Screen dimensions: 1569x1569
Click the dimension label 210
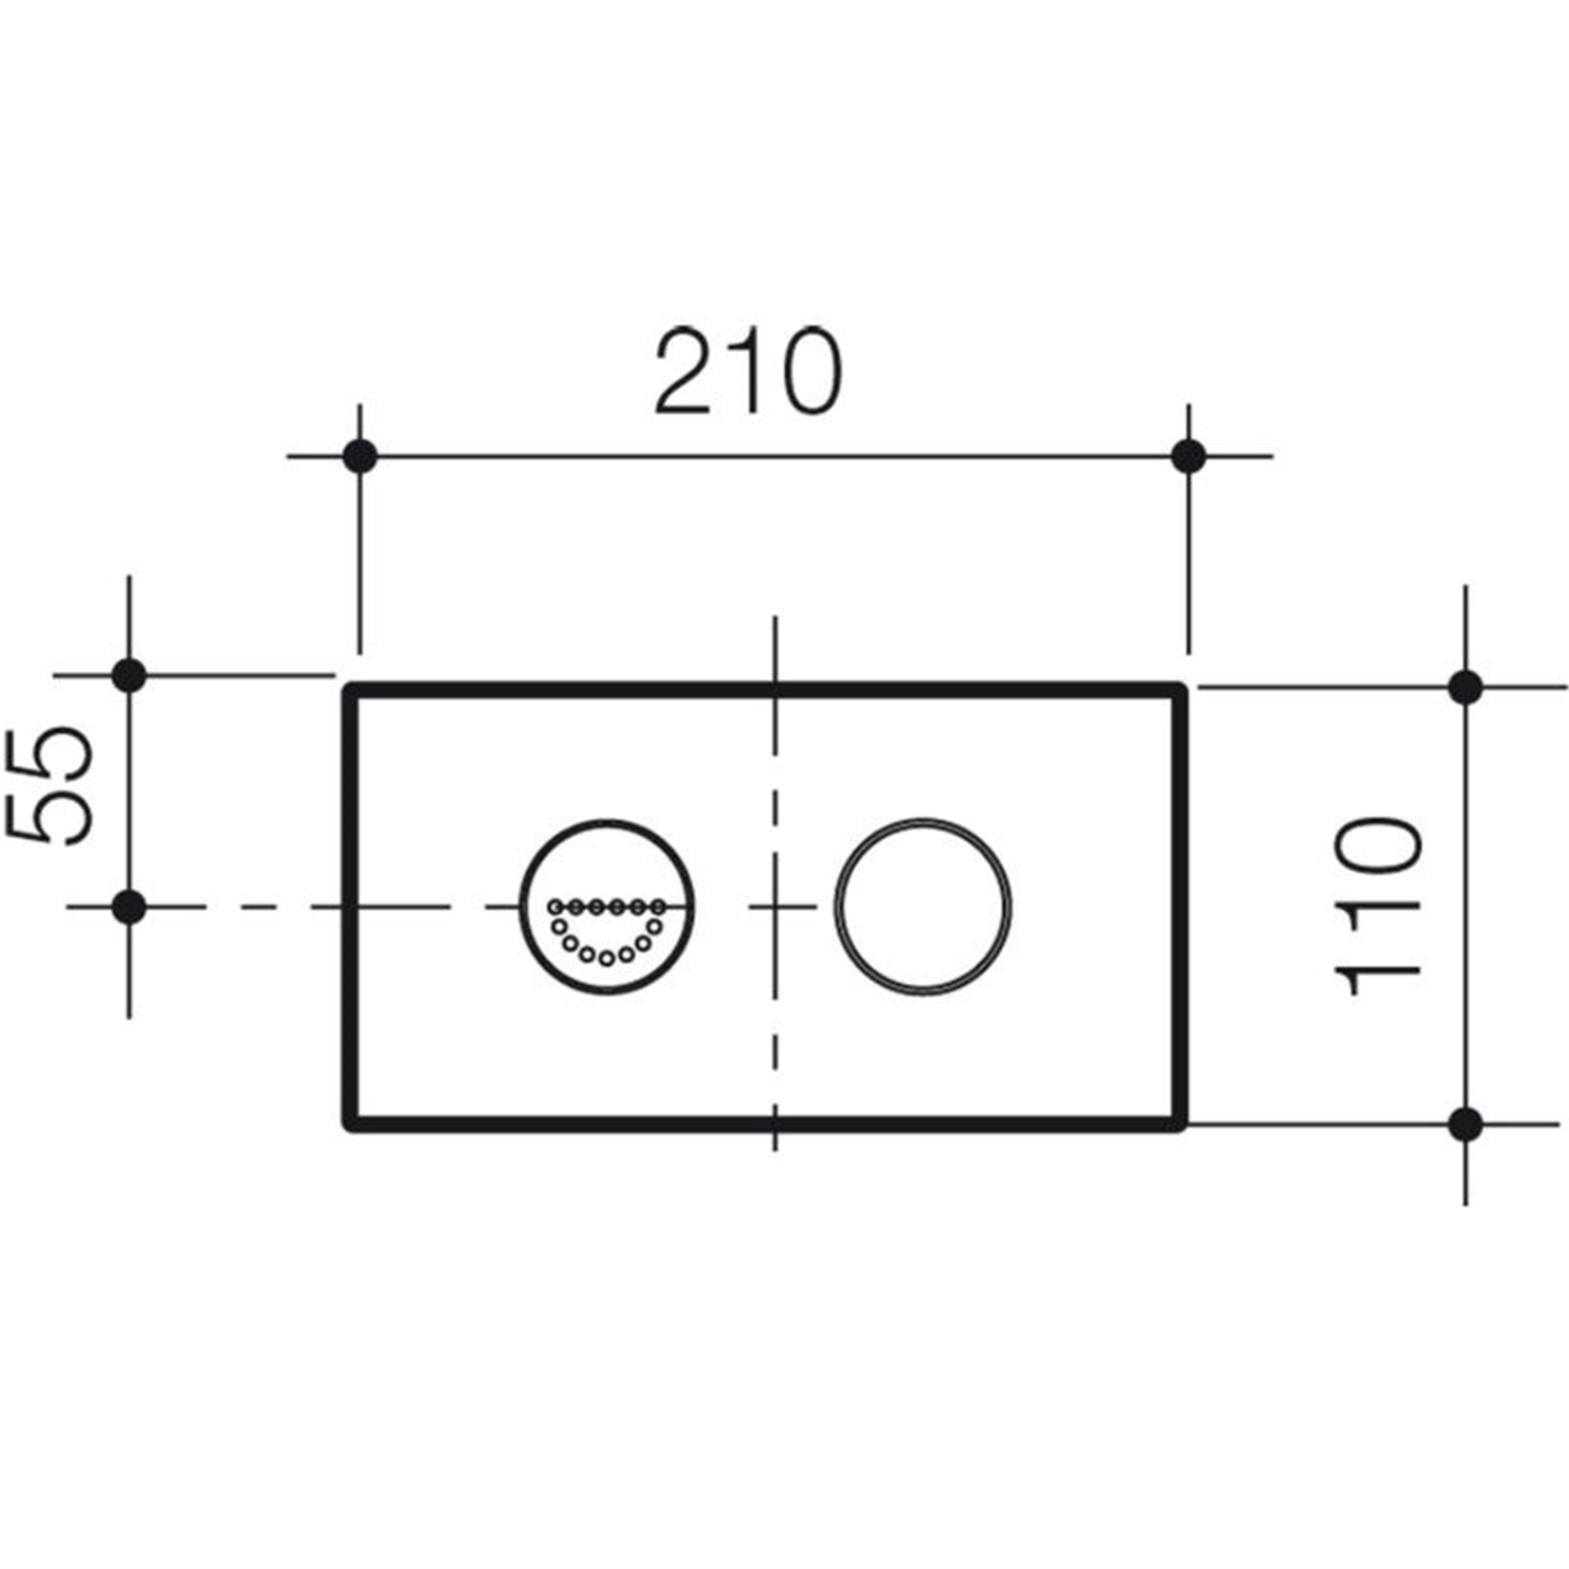tap(747, 372)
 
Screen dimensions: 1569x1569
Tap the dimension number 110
tap(1379, 907)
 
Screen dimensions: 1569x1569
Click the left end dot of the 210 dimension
tap(360, 456)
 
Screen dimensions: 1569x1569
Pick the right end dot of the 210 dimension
tap(1189, 456)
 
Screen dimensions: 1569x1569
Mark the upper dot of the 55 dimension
tap(129, 676)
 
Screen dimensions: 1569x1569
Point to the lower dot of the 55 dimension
tap(129, 907)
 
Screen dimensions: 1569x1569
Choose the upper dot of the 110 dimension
tap(1465, 687)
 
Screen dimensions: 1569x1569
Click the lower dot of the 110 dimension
tap(1465, 1124)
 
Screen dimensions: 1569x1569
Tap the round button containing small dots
tap(607, 906)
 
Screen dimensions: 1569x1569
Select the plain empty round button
tap(922, 907)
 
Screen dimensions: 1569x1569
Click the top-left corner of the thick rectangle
tap(350, 690)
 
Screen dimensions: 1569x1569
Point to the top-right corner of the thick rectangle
tap(1181, 690)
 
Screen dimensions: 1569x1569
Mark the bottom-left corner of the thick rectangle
tap(350, 1124)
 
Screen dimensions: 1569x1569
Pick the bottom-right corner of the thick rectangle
tap(1181, 1124)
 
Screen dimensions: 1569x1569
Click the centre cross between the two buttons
tap(776, 907)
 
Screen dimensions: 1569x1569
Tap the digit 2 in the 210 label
tap(685, 372)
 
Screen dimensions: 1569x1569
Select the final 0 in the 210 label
tap(803, 373)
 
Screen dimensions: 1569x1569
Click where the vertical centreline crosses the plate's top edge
tap(776, 690)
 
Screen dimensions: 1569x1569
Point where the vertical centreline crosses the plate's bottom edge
tap(776, 1124)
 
